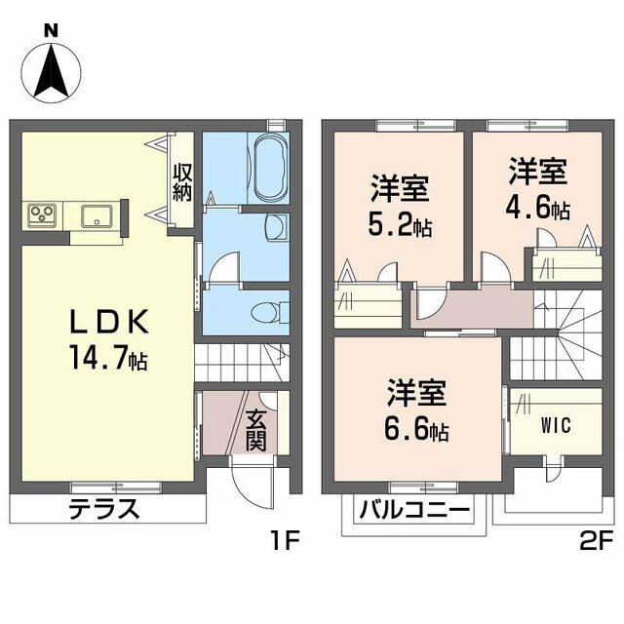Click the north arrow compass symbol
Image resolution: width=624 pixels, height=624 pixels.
point(51,73)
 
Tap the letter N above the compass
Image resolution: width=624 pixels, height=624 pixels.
point(51,30)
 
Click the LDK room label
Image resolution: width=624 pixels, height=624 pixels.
point(109,321)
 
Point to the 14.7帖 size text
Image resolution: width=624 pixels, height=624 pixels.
point(108,358)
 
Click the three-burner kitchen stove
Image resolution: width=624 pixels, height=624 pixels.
point(42,216)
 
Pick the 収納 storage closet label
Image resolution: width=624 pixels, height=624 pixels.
point(182,182)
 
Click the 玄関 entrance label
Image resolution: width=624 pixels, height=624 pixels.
point(255,431)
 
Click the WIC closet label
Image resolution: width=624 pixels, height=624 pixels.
point(556,425)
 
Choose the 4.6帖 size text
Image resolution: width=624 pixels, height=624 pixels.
point(537,208)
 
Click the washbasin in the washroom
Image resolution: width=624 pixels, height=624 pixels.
point(275,227)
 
